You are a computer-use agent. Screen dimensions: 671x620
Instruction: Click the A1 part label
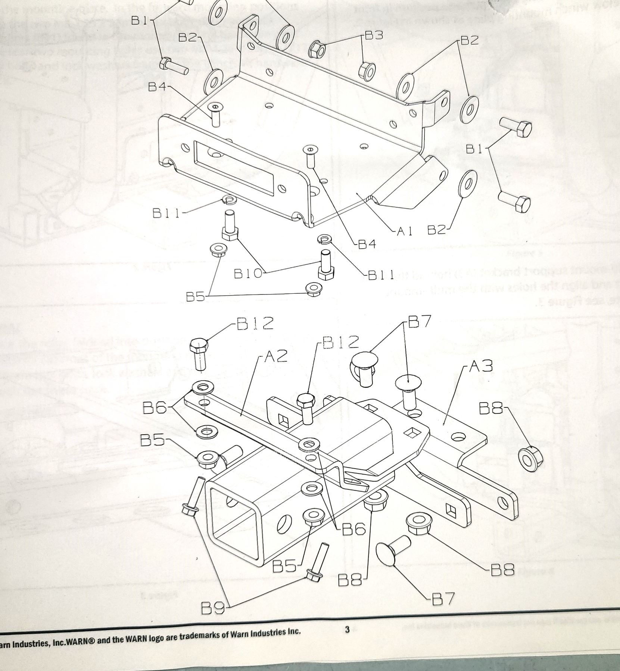pos(404,231)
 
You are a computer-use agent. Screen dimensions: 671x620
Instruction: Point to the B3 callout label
pos(374,36)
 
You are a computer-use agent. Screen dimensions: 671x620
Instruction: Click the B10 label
pos(248,274)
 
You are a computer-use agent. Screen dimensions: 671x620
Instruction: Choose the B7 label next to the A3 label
pos(420,321)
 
